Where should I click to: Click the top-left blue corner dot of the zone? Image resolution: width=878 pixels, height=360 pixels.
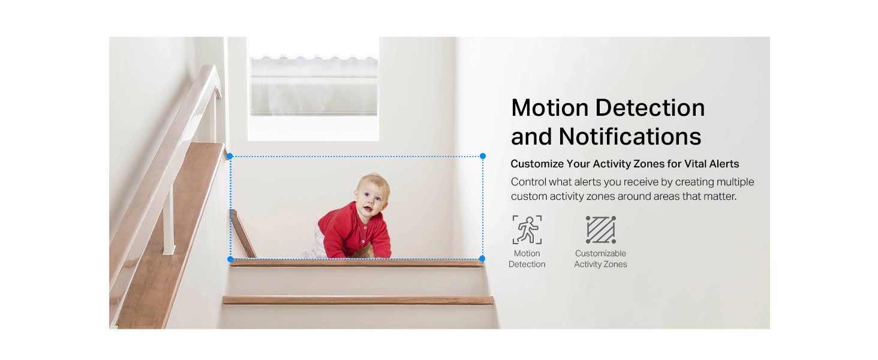[230, 156]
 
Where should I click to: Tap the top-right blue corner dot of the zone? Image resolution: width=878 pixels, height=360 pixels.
[483, 156]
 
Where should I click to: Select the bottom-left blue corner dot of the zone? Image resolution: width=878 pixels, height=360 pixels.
[230, 259]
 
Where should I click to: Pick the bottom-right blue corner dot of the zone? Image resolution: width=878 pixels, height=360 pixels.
[482, 259]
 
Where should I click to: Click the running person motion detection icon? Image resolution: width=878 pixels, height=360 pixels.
[527, 230]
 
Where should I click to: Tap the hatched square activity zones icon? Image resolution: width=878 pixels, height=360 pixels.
[601, 230]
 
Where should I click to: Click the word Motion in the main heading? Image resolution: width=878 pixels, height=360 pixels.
[550, 108]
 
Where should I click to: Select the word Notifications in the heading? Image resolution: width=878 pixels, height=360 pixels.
[630, 136]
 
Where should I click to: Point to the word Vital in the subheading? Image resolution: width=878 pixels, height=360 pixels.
[696, 164]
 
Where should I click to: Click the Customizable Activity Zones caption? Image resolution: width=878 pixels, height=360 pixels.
[600, 259]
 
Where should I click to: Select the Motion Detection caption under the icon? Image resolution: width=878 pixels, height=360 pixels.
[527, 259]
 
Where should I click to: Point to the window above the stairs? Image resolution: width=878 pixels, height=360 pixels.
[313, 89]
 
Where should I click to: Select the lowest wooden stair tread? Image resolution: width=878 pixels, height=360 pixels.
[358, 301]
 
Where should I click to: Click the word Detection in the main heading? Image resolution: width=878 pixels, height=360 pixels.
[650, 108]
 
